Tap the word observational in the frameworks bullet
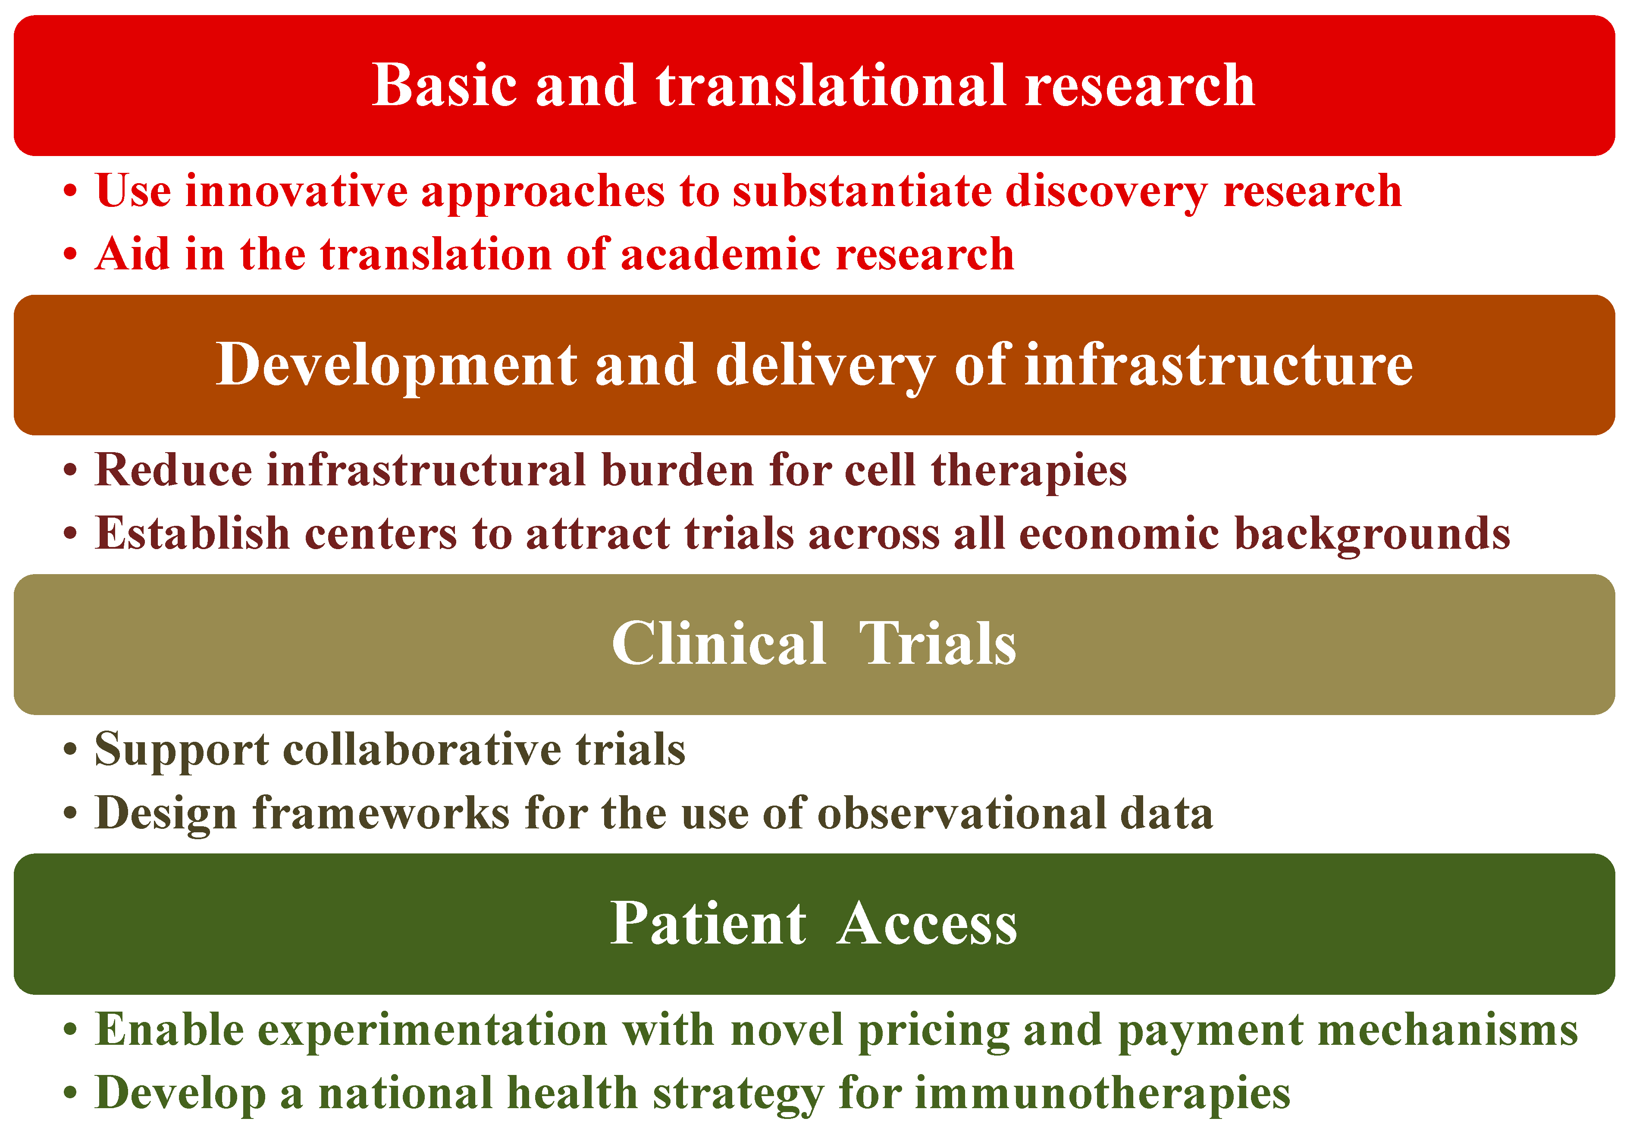tap(961, 813)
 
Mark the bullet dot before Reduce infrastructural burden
tap(69, 471)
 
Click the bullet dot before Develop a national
tap(69, 1094)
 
